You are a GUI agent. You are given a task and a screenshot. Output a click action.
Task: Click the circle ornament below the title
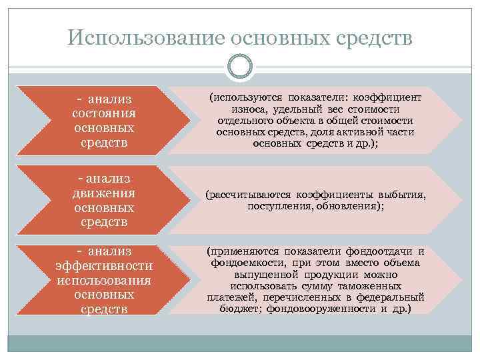pyautogui.click(x=240, y=67)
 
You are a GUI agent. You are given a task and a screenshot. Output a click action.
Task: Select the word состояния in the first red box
pyautogui.click(x=103, y=113)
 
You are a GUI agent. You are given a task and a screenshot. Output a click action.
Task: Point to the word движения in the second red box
pyautogui.click(x=103, y=193)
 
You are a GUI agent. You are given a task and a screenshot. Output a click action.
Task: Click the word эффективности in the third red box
pyautogui.click(x=103, y=265)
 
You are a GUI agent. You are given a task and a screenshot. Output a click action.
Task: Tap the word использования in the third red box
pyautogui.click(x=103, y=279)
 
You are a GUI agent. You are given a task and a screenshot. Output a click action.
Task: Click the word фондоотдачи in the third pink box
pyautogui.click(x=377, y=251)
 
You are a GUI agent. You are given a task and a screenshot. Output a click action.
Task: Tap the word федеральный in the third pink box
pyautogui.click(x=394, y=298)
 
